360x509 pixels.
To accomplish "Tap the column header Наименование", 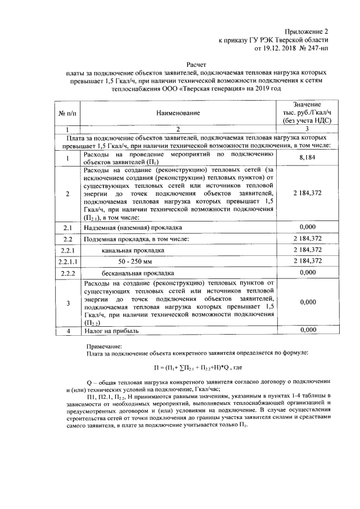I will click(179, 113).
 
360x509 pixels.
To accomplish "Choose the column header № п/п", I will click(67, 113).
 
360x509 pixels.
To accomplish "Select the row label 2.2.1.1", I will click(67, 260).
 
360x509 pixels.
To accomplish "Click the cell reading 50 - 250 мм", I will click(136, 260).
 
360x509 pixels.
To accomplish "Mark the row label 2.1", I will click(67, 227).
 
